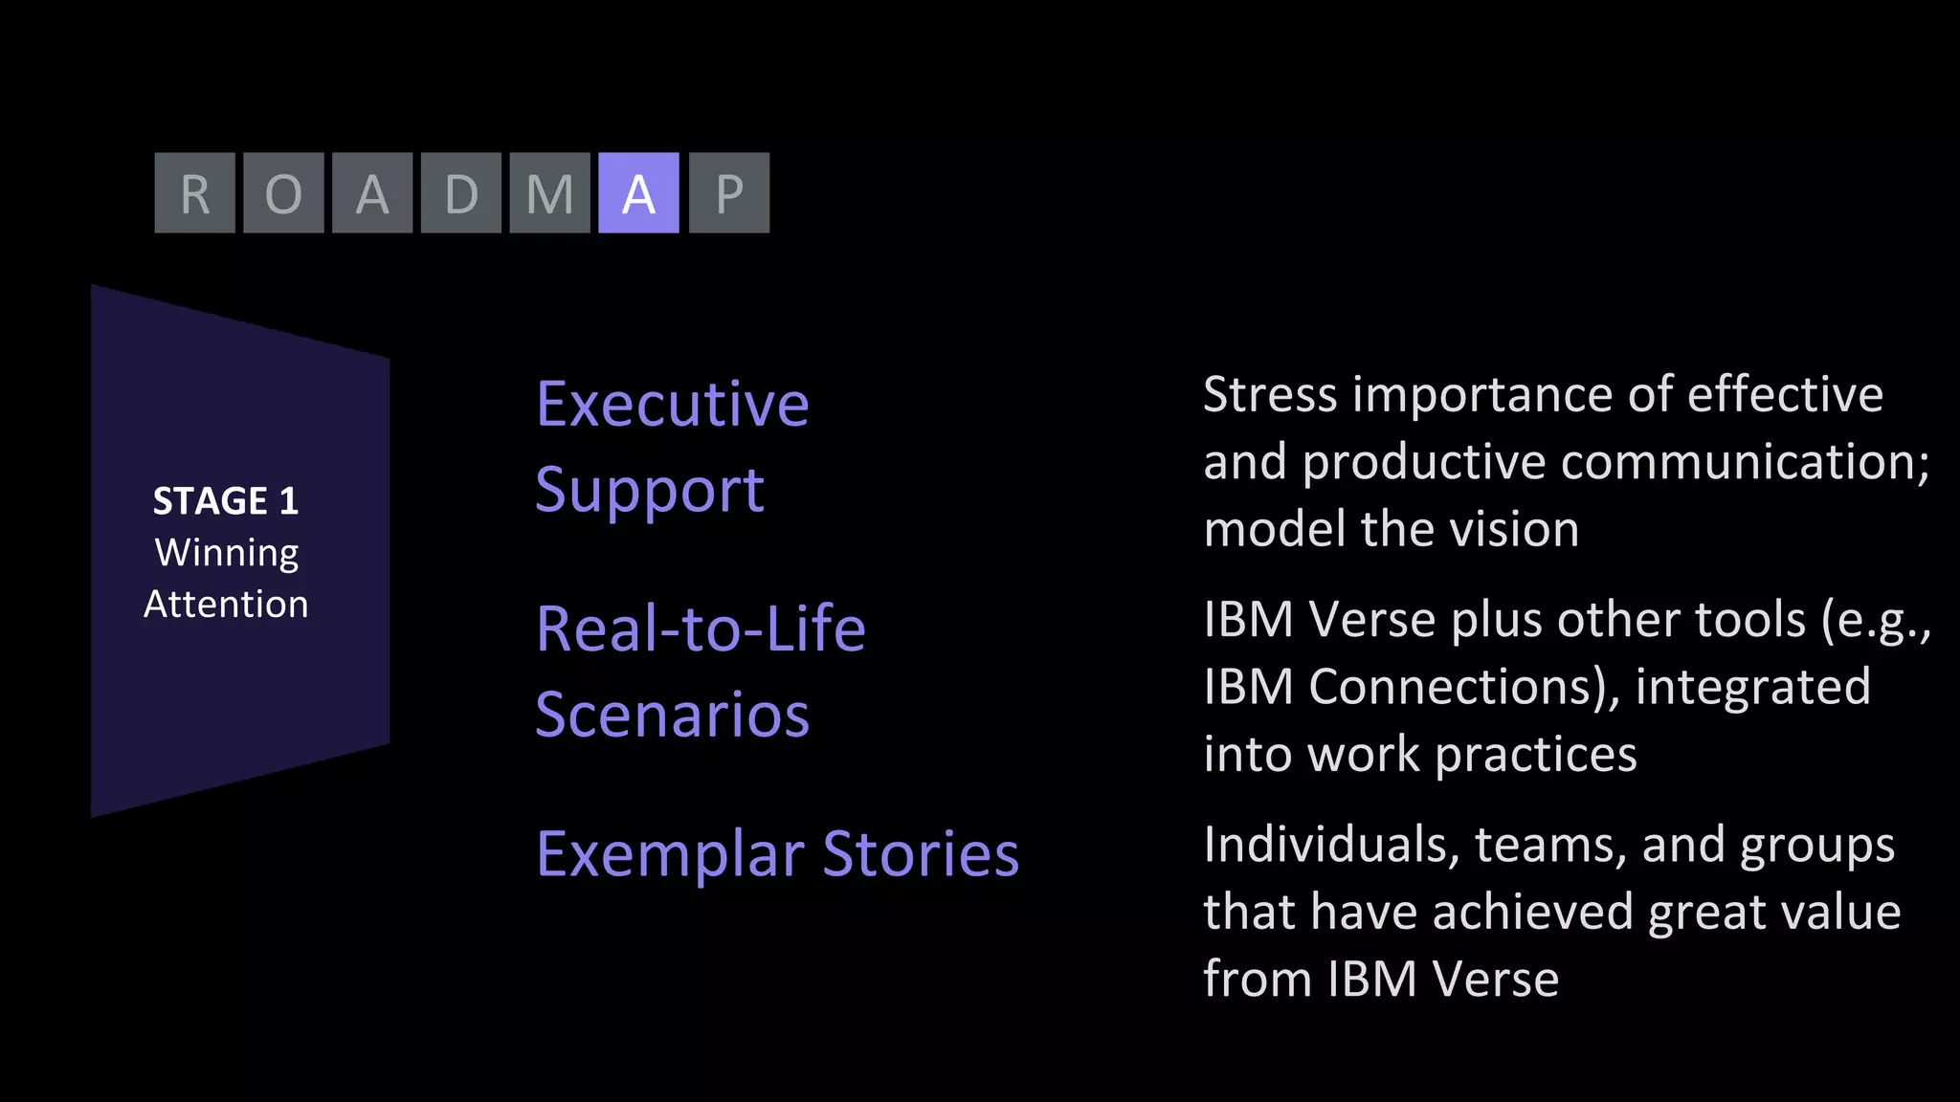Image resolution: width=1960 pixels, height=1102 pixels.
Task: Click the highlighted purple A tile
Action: [x=638, y=193]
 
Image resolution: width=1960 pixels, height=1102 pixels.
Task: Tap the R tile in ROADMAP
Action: [x=195, y=193]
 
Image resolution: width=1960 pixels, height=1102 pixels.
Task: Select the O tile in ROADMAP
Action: [x=283, y=193]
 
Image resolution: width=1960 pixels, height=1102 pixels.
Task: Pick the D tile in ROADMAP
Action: [x=461, y=193]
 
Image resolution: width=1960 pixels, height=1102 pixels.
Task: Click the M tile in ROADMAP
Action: [x=549, y=193]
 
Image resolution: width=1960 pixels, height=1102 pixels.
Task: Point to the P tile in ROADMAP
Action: [x=729, y=193]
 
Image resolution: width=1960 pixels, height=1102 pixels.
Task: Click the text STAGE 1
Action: [x=226, y=501]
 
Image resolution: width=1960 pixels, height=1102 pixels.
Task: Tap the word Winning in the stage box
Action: [x=227, y=553]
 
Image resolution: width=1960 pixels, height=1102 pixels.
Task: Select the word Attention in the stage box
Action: [x=226, y=605]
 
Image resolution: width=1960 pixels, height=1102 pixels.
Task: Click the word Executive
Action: [x=673, y=404]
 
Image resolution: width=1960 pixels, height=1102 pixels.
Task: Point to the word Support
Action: [x=650, y=491]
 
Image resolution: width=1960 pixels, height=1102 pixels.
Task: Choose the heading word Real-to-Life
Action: [x=701, y=629]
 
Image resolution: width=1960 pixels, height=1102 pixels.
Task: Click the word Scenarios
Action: [x=673, y=715]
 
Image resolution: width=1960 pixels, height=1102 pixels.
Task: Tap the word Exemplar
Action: [x=670, y=854]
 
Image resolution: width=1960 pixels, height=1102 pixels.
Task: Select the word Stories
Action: [x=921, y=853]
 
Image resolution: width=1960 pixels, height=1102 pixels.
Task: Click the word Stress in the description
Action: [x=1269, y=395]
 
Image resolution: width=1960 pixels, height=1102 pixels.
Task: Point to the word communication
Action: [x=1745, y=462]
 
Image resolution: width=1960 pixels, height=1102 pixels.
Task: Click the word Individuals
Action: [x=1331, y=845]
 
